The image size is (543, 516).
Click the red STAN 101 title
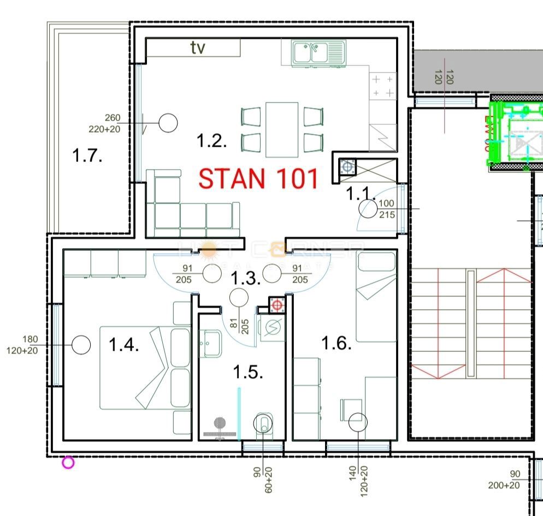(x=258, y=179)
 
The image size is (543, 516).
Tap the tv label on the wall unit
(x=198, y=48)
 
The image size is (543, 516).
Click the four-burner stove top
(x=383, y=86)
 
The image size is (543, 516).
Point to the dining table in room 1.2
(x=282, y=129)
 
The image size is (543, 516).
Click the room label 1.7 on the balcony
(x=87, y=156)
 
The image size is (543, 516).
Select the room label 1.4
(x=123, y=345)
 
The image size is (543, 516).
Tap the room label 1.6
(x=335, y=344)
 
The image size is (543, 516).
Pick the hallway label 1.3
(x=244, y=278)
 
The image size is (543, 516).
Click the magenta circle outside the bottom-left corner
(x=68, y=463)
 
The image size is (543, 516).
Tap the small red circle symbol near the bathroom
(x=277, y=305)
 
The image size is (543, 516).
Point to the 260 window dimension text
(x=112, y=118)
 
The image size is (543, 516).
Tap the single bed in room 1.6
(x=376, y=297)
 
